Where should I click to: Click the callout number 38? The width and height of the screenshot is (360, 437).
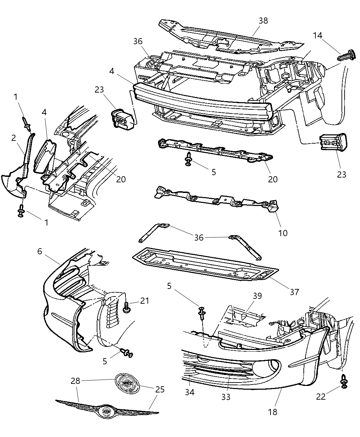click(x=263, y=21)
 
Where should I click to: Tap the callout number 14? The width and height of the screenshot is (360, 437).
click(x=317, y=36)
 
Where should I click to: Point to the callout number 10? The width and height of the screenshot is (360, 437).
click(x=283, y=233)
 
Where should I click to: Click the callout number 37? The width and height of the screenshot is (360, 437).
click(x=294, y=292)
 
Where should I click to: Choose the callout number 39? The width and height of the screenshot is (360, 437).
click(x=257, y=296)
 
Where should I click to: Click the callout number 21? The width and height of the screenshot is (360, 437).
click(x=145, y=301)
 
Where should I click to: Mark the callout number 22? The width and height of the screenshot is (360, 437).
click(x=321, y=396)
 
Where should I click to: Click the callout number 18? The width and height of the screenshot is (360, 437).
click(x=273, y=412)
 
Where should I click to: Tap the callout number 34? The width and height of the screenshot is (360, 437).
click(x=190, y=392)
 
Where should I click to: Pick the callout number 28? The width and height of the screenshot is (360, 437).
click(x=75, y=381)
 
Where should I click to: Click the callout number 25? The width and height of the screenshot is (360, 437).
click(x=160, y=389)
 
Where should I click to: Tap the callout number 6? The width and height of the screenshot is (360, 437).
click(x=40, y=251)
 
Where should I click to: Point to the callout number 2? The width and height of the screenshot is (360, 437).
click(x=14, y=138)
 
